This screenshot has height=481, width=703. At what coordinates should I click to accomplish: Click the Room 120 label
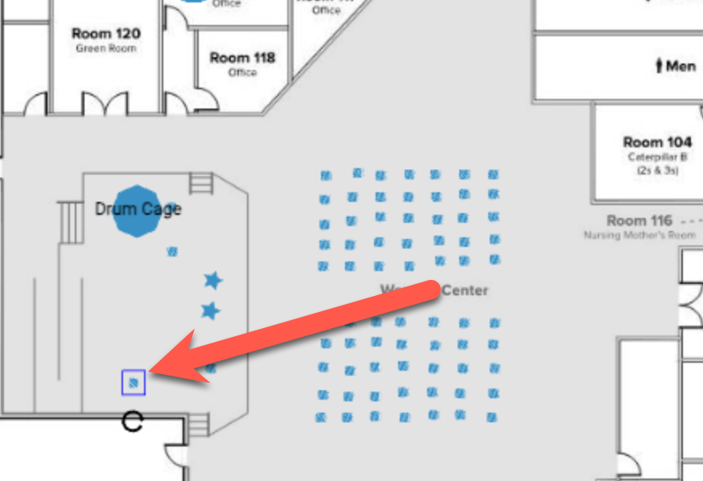click(x=105, y=34)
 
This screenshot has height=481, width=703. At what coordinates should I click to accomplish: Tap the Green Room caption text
click(x=105, y=48)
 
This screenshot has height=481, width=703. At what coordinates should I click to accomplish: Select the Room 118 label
click(x=242, y=58)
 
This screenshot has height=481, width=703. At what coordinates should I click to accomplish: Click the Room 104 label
click(x=657, y=142)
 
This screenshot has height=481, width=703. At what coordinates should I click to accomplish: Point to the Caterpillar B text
click(x=657, y=158)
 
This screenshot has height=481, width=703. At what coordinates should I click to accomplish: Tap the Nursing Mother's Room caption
click(x=639, y=236)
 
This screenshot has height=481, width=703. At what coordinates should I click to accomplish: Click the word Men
click(x=680, y=66)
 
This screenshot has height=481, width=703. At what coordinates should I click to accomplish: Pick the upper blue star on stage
click(x=212, y=280)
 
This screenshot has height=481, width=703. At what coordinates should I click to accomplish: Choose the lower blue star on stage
click(x=210, y=310)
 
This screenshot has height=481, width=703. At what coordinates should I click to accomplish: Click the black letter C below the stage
click(x=132, y=421)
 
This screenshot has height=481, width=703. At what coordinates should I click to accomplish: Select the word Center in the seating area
click(x=464, y=290)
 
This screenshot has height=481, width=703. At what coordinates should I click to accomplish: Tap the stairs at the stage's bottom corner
click(x=199, y=424)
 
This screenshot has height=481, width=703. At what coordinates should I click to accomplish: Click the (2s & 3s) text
click(x=657, y=171)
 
